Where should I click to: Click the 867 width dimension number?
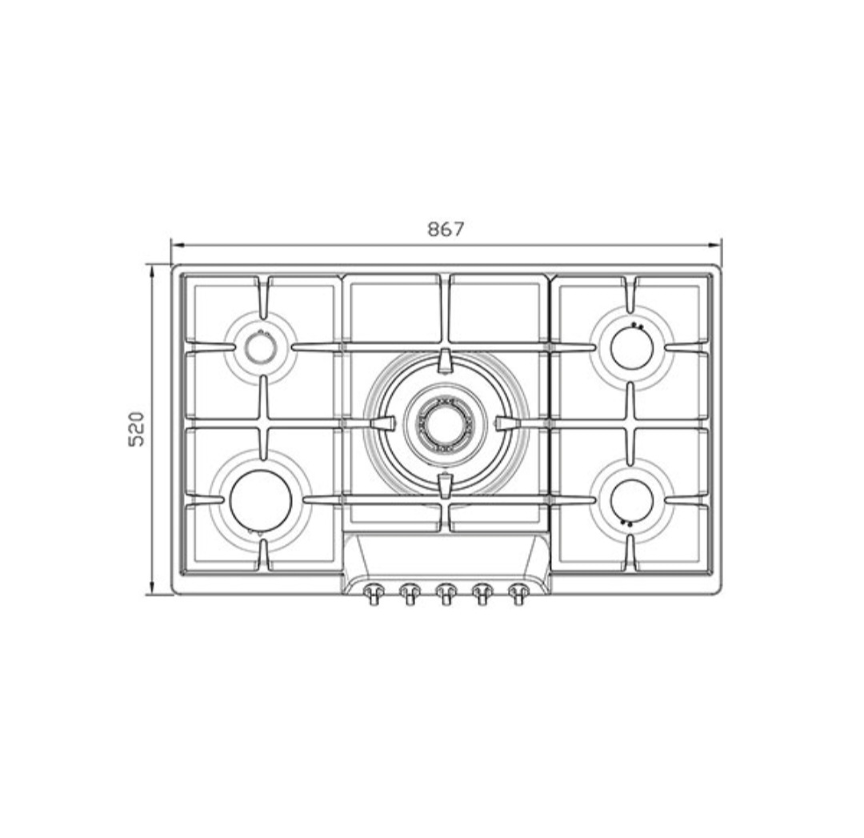click(446, 229)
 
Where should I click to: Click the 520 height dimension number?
click(136, 428)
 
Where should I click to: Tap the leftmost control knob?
click(373, 593)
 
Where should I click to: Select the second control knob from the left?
click(409, 593)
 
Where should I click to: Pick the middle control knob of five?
click(446, 593)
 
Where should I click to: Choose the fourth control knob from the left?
click(482, 593)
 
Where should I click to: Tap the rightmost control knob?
click(518, 593)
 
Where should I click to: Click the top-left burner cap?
click(259, 347)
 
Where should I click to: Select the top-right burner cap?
click(632, 347)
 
